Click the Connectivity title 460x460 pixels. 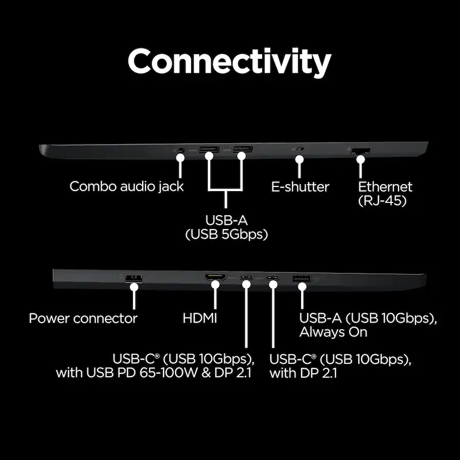click(x=229, y=62)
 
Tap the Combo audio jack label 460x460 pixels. click(x=126, y=186)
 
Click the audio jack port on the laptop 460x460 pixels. click(x=179, y=150)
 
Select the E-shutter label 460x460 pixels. click(x=300, y=186)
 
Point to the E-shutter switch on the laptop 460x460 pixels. click(x=300, y=150)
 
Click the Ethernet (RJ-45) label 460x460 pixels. click(x=385, y=193)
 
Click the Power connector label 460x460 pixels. click(x=83, y=318)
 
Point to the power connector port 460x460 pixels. click(x=134, y=278)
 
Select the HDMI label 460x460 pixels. click(x=200, y=318)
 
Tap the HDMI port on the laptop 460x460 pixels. click(x=216, y=279)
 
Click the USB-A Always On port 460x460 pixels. click(x=302, y=279)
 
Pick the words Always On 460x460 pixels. click(x=333, y=332)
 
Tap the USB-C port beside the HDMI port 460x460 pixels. click(x=247, y=279)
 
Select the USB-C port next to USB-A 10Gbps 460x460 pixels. click(x=273, y=279)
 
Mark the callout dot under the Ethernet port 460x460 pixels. click(x=361, y=159)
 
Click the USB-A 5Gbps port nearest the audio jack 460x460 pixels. click(x=209, y=150)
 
